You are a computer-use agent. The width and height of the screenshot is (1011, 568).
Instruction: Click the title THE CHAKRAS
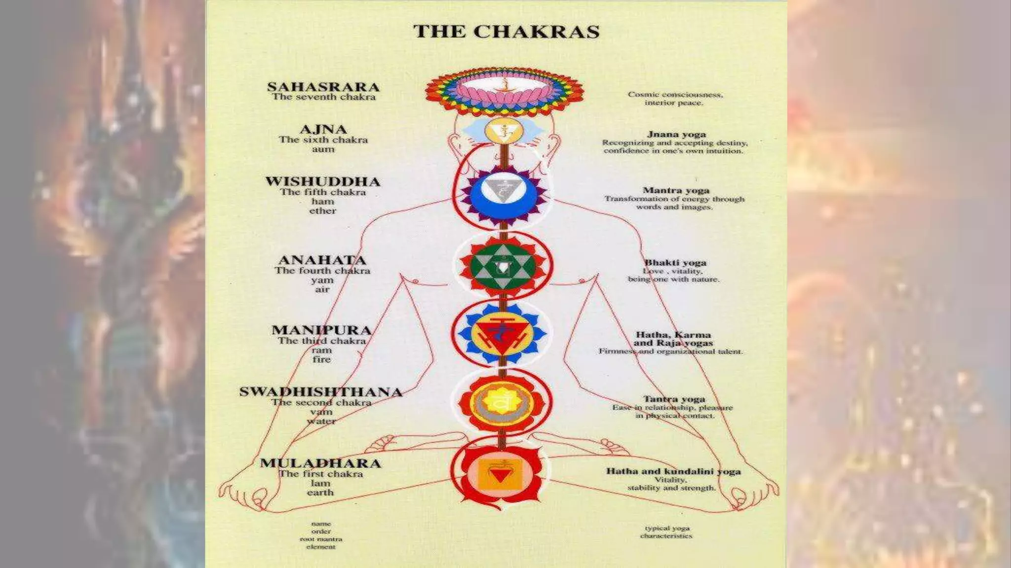tap(506, 32)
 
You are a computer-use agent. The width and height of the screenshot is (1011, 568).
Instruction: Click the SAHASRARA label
tap(323, 87)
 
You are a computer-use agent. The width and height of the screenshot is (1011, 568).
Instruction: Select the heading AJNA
tap(323, 130)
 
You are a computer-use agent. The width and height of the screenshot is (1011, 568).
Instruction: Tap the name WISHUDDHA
tap(323, 181)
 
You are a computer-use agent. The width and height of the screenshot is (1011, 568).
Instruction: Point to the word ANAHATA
tap(322, 260)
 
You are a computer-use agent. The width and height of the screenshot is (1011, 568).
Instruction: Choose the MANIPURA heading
tap(321, 330)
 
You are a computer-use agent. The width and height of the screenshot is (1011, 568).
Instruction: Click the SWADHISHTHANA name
tap(321, 392)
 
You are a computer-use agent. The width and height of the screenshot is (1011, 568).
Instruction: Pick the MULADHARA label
tap(321, 463)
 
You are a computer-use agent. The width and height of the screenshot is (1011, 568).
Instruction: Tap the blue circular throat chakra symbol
tap(503, 195)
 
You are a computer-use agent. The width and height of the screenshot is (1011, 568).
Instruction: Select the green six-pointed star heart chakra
tap(503, 267)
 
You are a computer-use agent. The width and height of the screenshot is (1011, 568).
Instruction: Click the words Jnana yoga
tap(676, 134)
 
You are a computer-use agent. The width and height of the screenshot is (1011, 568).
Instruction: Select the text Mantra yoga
tap(676, 190)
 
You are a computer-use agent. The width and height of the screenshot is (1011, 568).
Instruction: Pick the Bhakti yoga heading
tap(675, 263)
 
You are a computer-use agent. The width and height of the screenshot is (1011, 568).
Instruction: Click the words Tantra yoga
tap(674, 399)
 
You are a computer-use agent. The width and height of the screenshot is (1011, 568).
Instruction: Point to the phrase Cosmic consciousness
tap(675, 94)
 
